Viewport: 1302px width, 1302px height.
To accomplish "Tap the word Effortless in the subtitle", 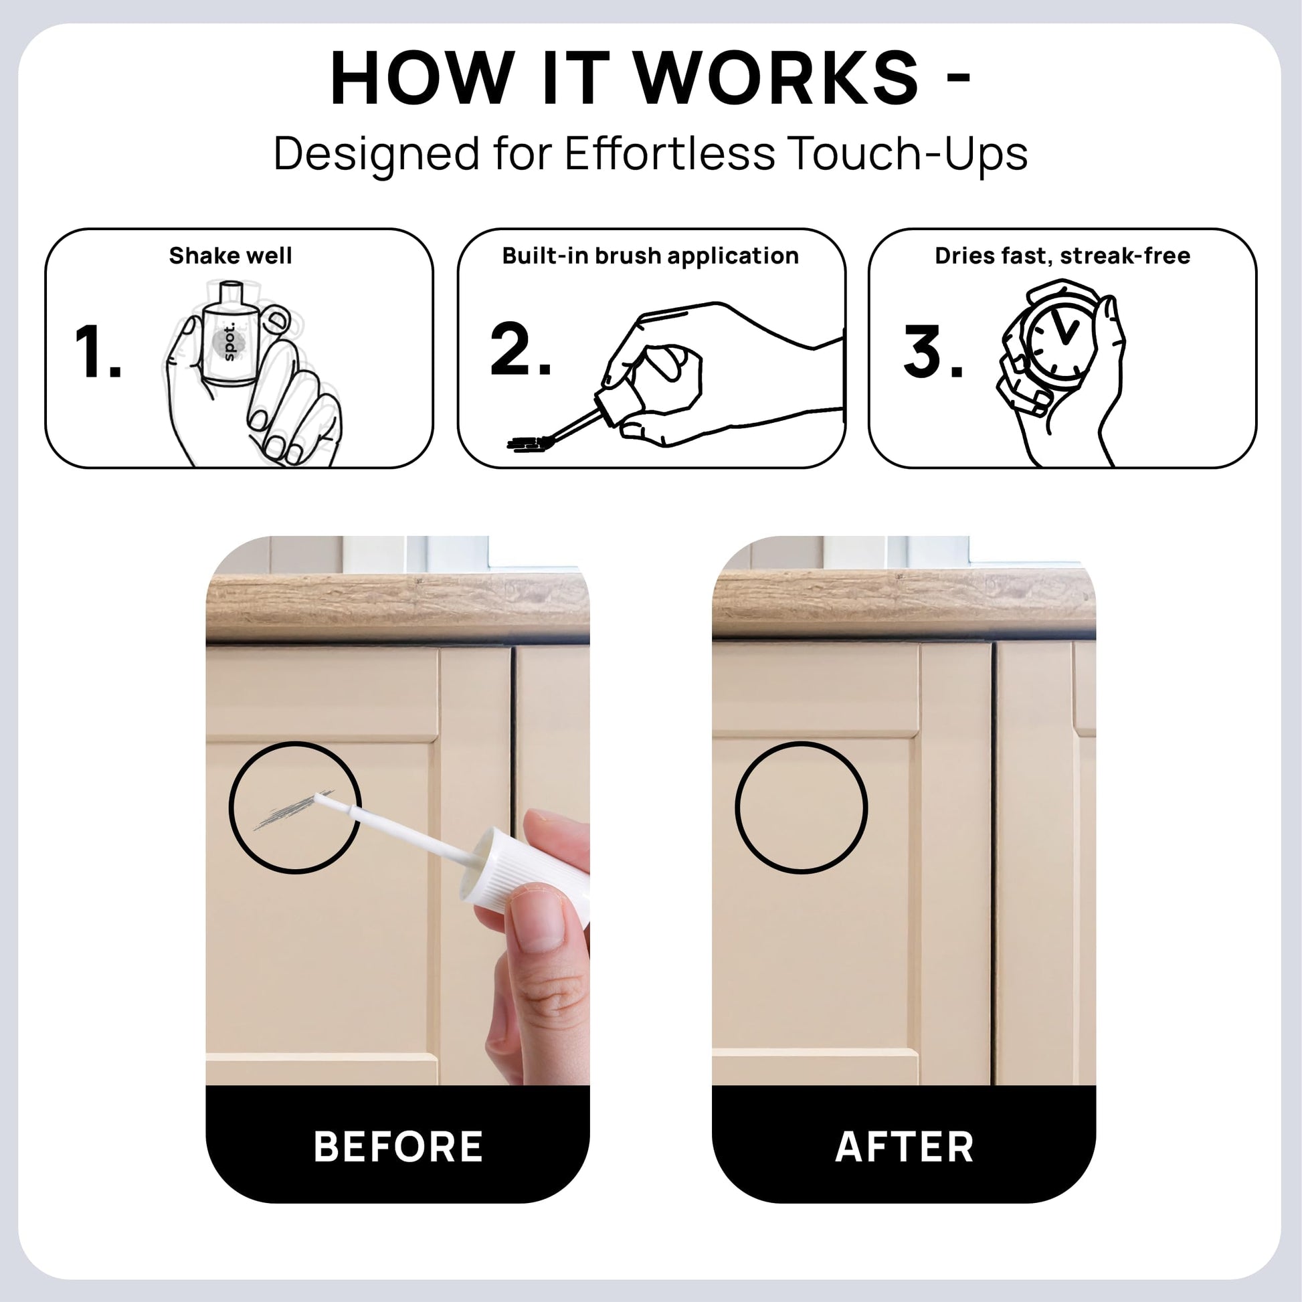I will click(670, 154).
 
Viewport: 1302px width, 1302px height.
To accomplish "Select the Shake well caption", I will click(230, 256).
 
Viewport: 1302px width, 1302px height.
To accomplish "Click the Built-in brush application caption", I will click(650, 256).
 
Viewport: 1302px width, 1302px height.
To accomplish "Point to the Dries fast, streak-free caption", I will click(1062, 256).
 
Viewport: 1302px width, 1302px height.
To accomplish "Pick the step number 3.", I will click(933, 353).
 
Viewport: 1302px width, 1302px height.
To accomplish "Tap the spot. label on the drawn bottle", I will click(228, 342).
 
